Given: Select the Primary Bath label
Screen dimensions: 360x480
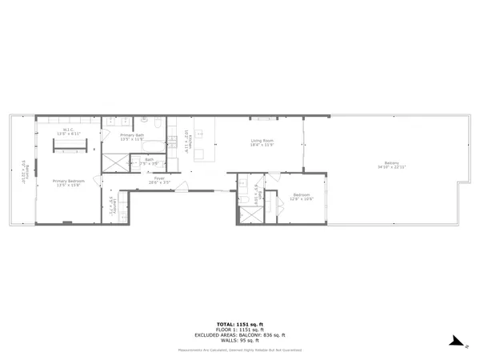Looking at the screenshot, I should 132,137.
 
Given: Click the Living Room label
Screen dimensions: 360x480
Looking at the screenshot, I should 262,143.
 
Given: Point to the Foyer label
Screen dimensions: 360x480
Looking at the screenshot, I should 160,181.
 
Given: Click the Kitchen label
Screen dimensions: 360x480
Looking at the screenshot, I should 186,141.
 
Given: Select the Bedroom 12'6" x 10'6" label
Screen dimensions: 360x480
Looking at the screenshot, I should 301,197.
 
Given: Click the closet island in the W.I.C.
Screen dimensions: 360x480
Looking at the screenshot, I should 69,145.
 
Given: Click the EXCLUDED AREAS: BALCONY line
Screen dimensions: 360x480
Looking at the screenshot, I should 240,335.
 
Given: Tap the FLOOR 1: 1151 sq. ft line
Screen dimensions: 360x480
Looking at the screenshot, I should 240,330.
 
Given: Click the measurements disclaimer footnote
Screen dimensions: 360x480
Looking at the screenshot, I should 240,350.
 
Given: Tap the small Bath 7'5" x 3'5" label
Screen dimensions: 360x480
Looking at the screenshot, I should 149,162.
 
